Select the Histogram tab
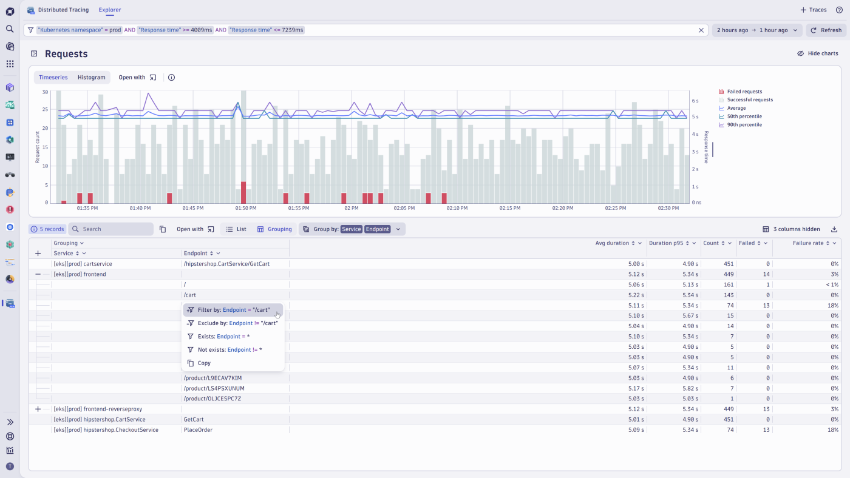[x=91, y=78]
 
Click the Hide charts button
[x=817, y=53]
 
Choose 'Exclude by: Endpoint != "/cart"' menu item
[x=237, y=323]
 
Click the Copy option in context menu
[x=204, y=363]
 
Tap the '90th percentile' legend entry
[x=744, y=125]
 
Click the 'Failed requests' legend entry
[x=744, y=92]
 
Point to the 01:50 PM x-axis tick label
[x=246, y=208]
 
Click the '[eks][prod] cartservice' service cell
[x=83, y=264]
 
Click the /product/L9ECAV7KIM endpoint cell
[x=212, y=378]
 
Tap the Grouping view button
[x=274, y=229]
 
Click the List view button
[x=236, y=229]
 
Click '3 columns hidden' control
[x=791, y=229]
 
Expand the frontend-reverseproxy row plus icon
[x=38, y=409]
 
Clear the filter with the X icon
[x=701, y=30]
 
